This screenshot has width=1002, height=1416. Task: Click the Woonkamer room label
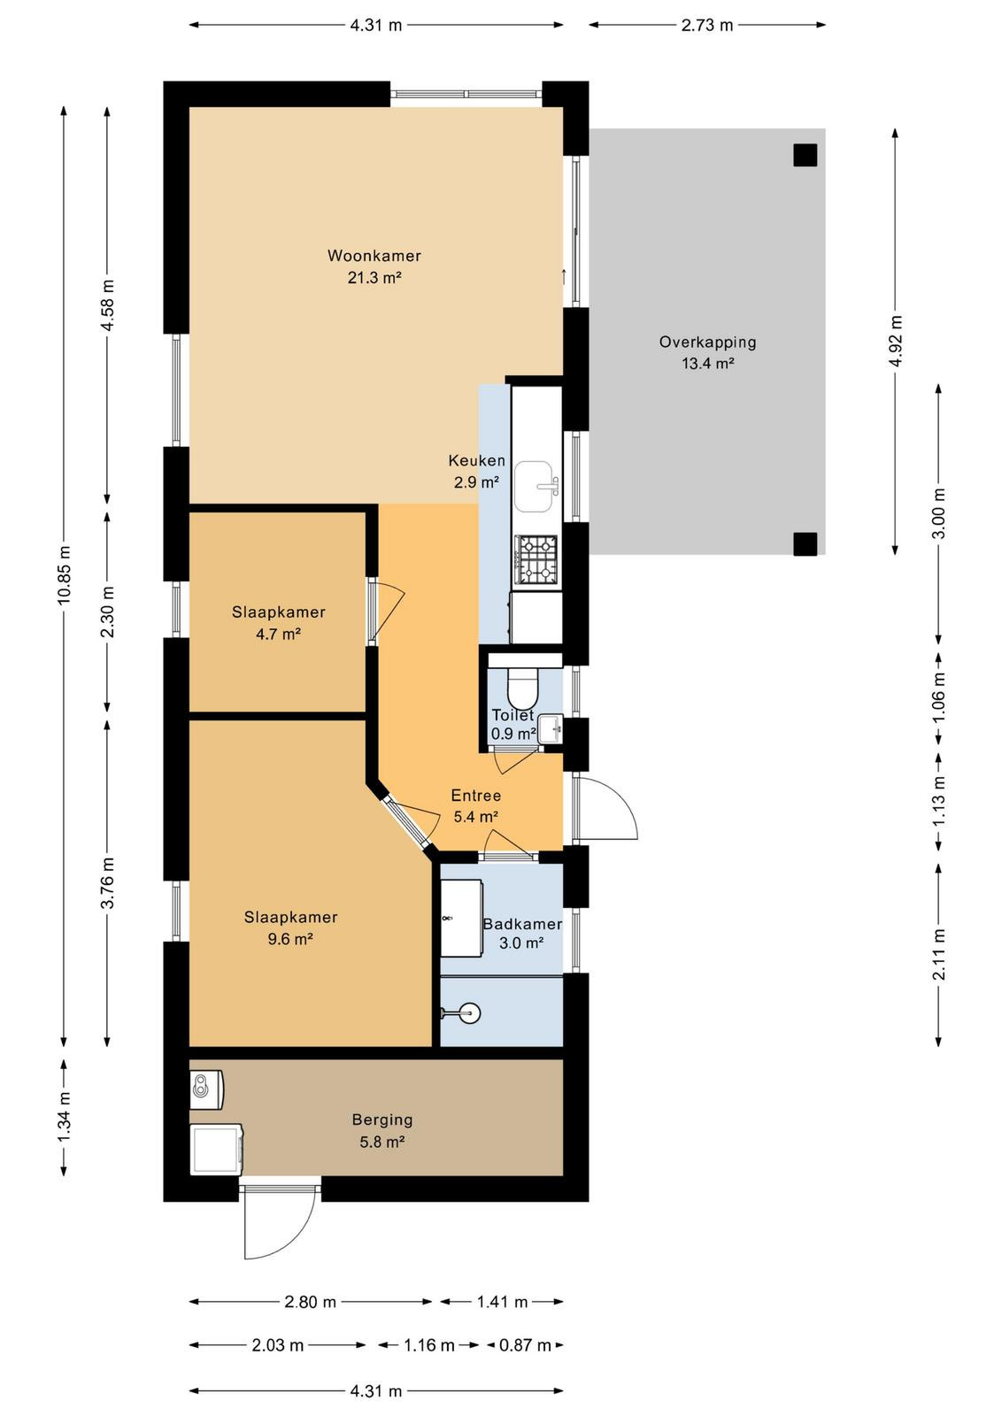[x=374, y=256]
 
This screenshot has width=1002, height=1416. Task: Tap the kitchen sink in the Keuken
[x=533, y=486]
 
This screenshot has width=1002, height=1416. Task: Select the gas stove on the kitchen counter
[x=537, y=559]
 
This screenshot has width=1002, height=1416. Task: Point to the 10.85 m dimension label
[x=64, y=574]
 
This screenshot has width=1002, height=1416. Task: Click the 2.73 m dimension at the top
[x=706, y=26]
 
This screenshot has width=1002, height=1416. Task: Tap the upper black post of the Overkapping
[x=805, y=155]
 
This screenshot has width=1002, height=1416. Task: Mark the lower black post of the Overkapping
[x=805, y=543]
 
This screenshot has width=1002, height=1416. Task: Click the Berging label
[x=382, y=1120]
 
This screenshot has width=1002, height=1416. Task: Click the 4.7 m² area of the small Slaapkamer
[x=278, y=634]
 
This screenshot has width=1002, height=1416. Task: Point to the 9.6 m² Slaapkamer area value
[x=290, y=939]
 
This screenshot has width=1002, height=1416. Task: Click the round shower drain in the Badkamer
[x=471, y=1013]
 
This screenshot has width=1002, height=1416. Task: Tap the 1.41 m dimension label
[x=503, y=1302]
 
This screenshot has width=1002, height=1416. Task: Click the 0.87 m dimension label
[x=525, y=1344]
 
